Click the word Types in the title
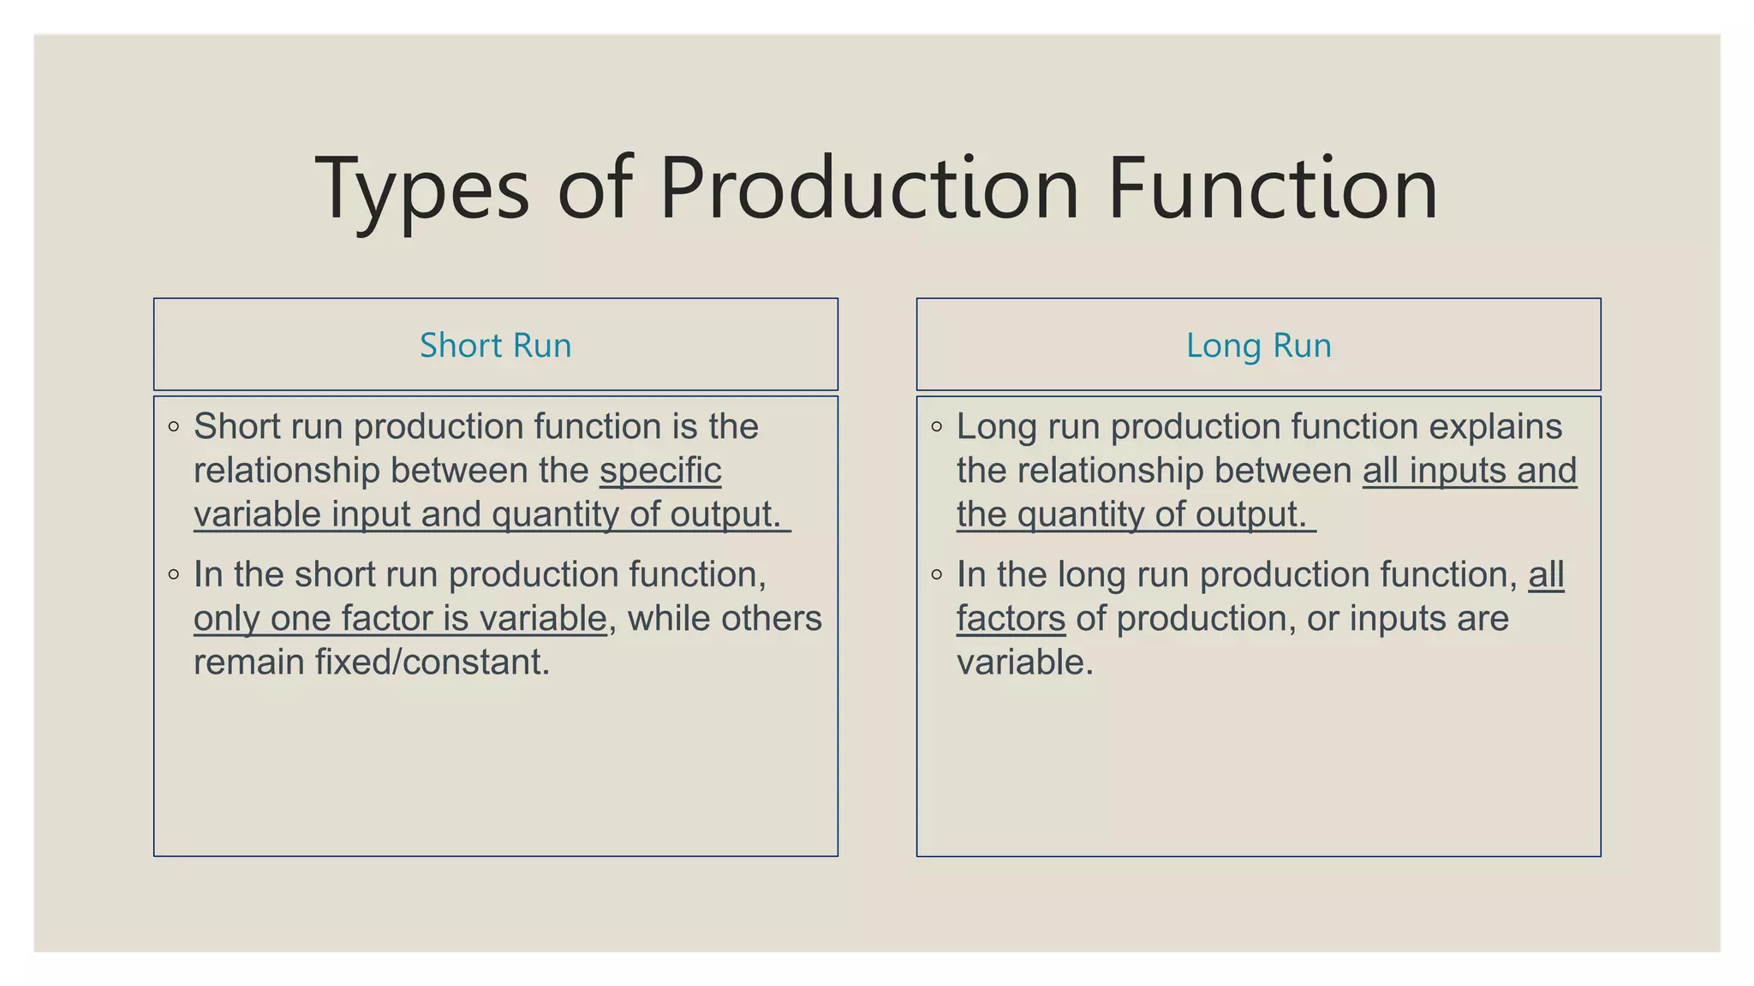pyautogui.click(x=422, y=189)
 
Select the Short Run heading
pyautogui.click(x=495, y=346)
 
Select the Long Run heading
pyautogui.click(x=1258, y=346)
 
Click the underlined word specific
pyautogui.click(x=660, y=471)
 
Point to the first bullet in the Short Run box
pyautogui.click(x=174, y=426)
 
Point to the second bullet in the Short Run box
pyautogui.click(x=174, y=574)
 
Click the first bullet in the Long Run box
pyautogui.click(x=936, y=426)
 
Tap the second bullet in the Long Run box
pyautogui.click(x=936, y=574)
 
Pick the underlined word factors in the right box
pyautogui.click(x=1011, y=619)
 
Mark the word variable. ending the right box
pyautogui.click(x=1025, y=662)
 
